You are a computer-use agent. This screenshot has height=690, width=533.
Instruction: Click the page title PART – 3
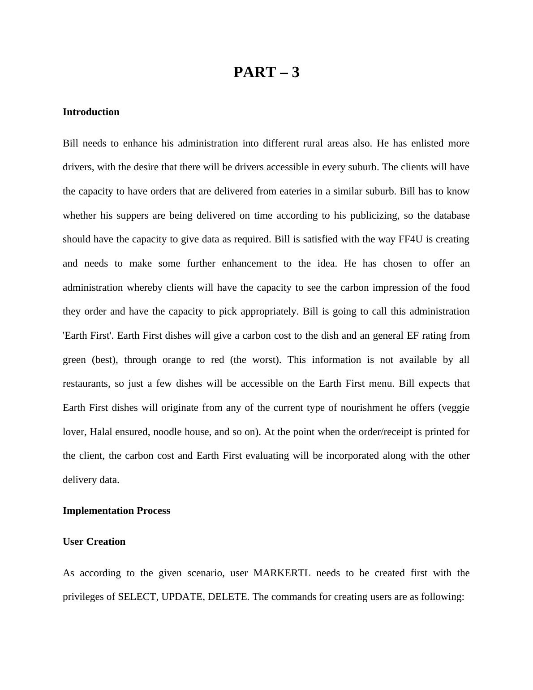266,72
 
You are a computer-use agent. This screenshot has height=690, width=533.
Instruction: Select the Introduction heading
91,112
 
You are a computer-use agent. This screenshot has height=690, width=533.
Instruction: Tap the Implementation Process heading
116,511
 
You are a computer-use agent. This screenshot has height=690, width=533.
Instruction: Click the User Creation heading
94,542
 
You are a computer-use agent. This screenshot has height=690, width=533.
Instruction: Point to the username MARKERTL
282,573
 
